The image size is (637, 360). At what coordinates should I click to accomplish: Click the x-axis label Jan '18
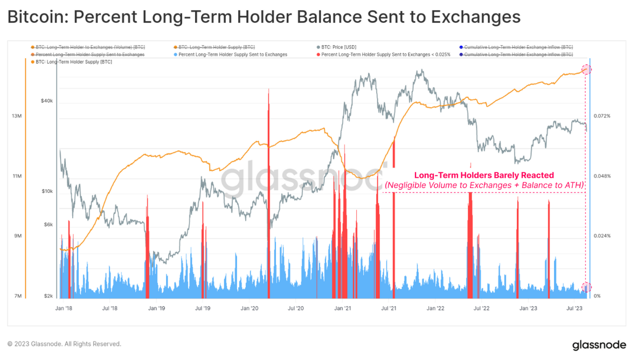tap(64, 308)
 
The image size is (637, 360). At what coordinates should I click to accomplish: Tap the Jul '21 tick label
tap(389, 308)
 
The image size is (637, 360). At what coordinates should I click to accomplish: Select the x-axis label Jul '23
tap(573, 308)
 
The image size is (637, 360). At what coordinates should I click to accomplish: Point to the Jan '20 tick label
tap(250, 308)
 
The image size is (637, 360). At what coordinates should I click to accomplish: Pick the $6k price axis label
tap(47, 225)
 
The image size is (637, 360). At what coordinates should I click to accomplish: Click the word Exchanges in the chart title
tap(475, 17)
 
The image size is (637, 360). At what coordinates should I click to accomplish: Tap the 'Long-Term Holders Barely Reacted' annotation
tap(483, 175)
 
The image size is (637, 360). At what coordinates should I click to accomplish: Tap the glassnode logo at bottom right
tap(599, 344)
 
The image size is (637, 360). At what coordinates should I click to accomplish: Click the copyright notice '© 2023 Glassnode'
tap(64, 344)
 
